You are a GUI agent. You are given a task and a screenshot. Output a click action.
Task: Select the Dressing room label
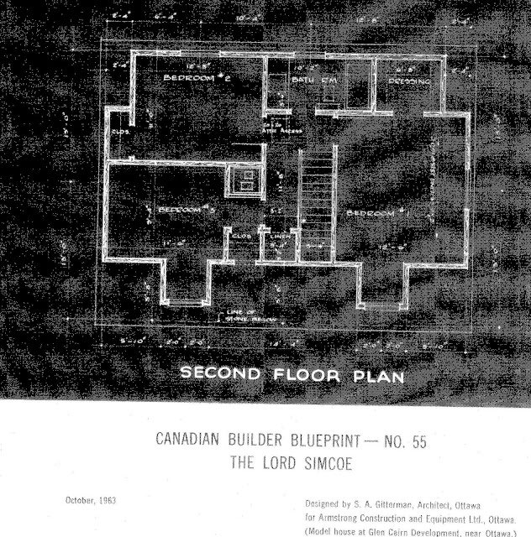click(x=408, y=81)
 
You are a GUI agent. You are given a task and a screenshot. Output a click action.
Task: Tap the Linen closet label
click(x=277, y=237)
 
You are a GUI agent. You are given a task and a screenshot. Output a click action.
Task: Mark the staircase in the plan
click(x=318, y=197)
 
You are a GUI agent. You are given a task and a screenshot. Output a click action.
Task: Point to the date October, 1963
click(x=92, y=500)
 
